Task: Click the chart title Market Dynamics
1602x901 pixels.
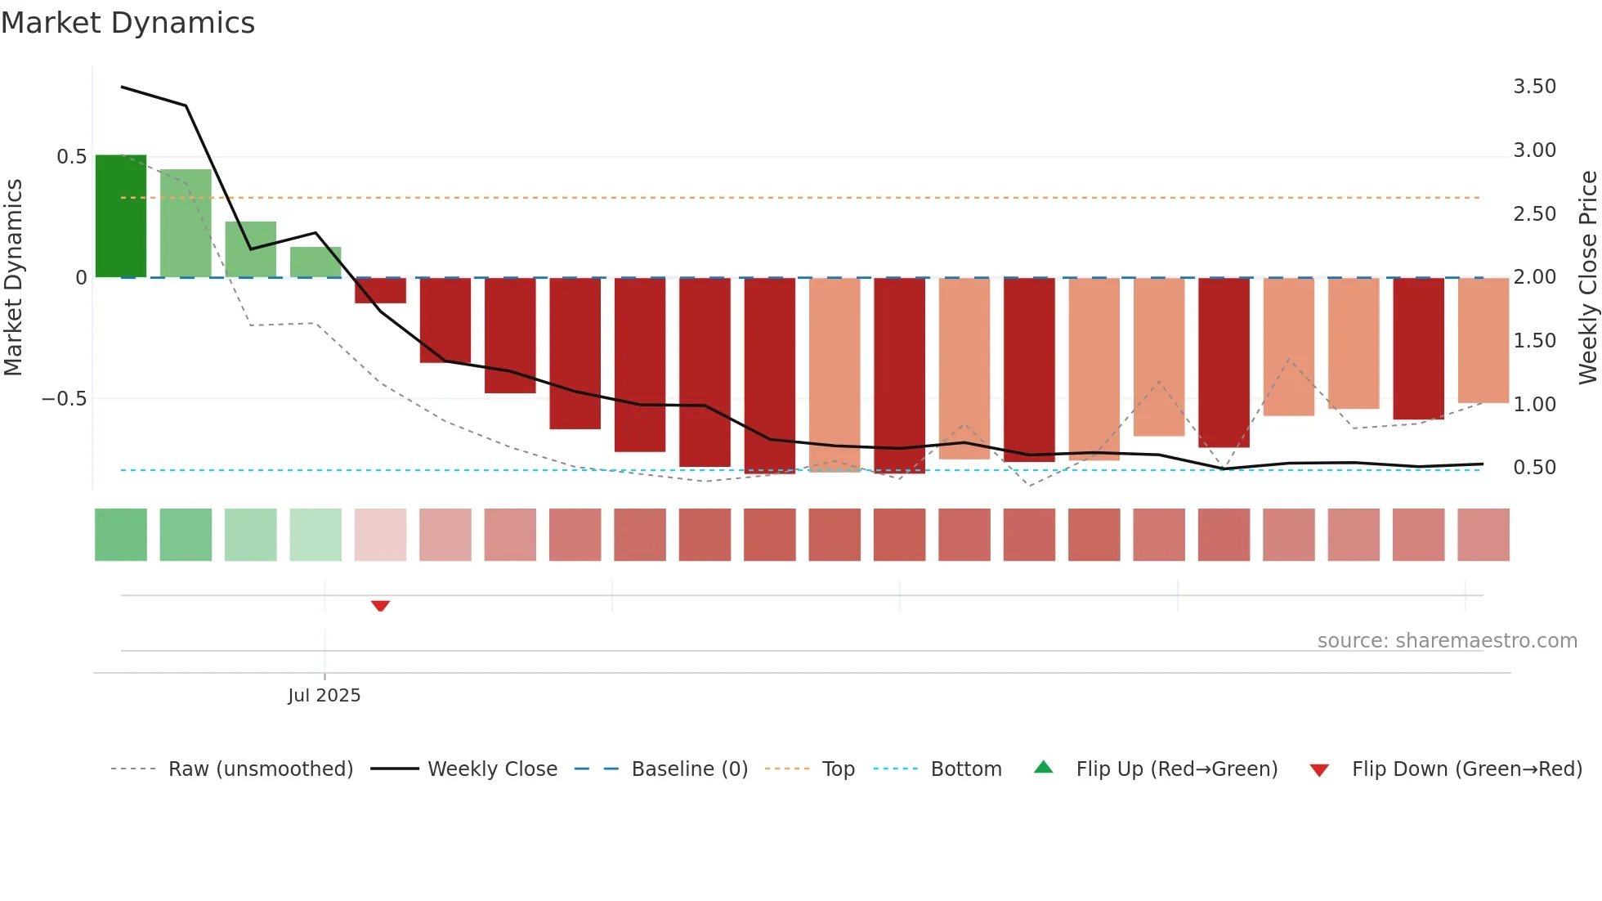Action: [128, 23]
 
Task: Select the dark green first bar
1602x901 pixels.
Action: [121, 216]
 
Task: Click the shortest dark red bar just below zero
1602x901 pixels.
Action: [380, 290]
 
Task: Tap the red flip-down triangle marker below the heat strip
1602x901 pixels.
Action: [380, 606]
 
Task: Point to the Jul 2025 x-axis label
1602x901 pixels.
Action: [324, 696]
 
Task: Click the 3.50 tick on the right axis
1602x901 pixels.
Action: [1534, 87]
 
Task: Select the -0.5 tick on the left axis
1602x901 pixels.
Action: [64, 399]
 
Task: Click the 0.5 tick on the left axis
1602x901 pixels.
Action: [71, 157]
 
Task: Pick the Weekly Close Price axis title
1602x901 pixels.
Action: [1587, 277]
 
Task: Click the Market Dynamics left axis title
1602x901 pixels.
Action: [13, 277]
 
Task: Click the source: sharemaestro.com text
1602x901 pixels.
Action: [1447, 641]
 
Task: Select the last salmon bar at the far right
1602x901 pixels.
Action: [1483, 340]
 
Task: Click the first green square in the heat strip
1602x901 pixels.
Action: [121, 535]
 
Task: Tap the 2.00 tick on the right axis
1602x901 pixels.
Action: [1534, 277]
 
